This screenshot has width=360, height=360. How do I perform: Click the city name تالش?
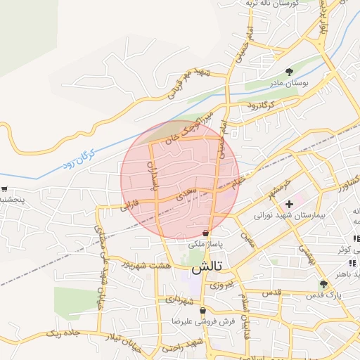tap(207, 268)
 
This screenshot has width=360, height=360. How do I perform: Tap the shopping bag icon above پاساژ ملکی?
tap(205, 233)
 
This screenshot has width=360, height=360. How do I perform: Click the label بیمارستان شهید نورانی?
tap(290, 216)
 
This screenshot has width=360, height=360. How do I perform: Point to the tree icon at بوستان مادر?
tap(289, 72)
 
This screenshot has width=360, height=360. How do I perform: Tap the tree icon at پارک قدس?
tap(323, 285)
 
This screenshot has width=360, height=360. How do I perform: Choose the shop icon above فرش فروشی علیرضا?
tap(203, 310)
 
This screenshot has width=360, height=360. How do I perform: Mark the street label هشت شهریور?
tap(147, 264)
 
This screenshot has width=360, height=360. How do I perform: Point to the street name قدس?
tap(272, 291)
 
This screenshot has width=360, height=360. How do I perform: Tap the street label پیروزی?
tap(220, 285)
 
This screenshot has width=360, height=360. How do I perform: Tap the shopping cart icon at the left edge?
tap(5, 189)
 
